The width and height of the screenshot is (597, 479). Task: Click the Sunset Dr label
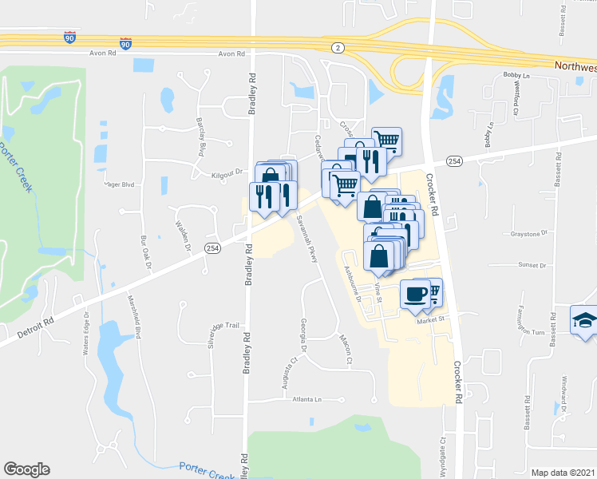[532, 264]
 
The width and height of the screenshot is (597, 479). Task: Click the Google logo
[26, 469]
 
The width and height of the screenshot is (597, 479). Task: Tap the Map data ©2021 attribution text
[563, 473]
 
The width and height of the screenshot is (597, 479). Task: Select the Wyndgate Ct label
[441, 453]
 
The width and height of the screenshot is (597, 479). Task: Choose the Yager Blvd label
[117, 183]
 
